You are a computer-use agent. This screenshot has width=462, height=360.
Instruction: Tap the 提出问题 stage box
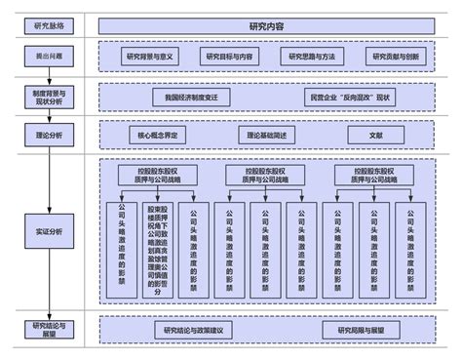(50, 58)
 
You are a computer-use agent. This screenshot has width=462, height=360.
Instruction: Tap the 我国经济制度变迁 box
(192, 98)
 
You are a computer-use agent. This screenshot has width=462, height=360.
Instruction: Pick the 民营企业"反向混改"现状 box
(348, 98)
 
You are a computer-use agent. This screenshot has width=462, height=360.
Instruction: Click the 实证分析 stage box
(50, 230)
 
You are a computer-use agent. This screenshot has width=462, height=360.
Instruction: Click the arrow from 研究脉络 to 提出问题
(50, 41)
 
